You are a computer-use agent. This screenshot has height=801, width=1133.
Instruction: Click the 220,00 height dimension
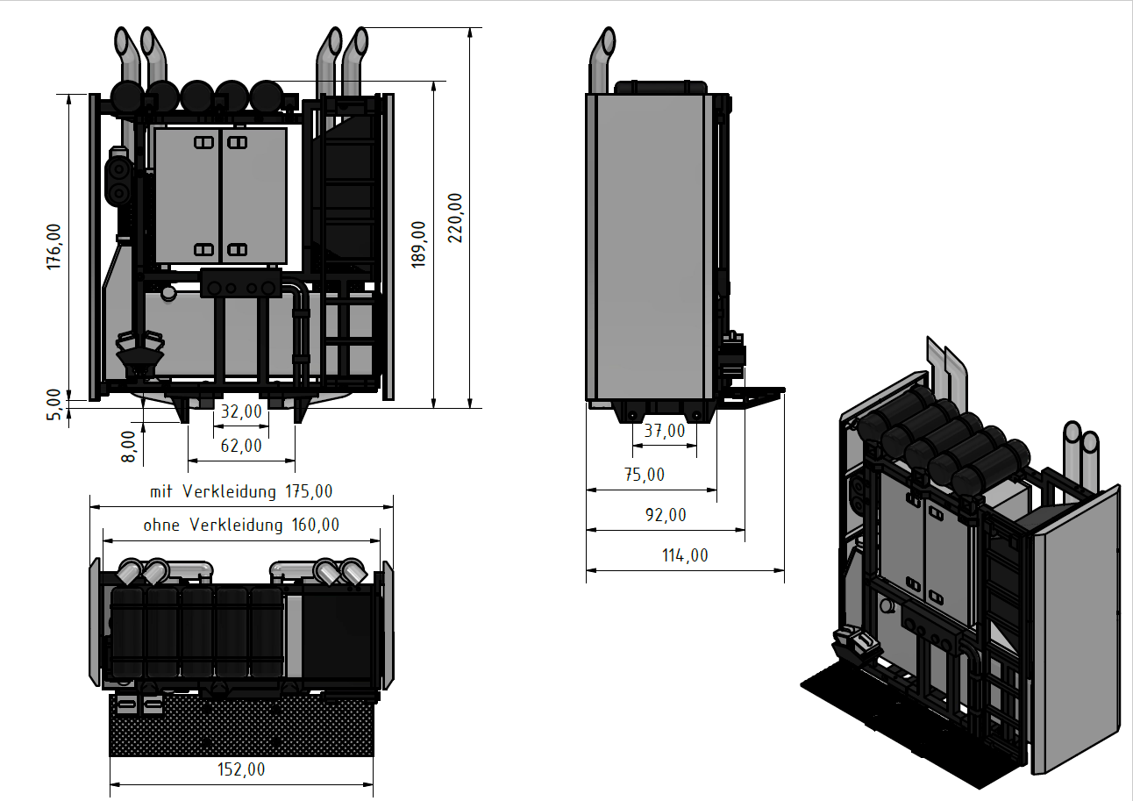click(455, 218)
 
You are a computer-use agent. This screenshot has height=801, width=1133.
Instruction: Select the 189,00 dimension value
click(418, 245)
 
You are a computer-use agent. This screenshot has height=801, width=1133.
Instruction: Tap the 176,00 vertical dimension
click(53, 247)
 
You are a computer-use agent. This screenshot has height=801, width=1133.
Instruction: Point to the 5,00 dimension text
click(53, 404)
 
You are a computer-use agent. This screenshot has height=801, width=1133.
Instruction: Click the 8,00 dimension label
click(129, 447)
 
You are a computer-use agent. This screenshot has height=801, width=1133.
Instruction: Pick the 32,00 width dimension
click(242, 411)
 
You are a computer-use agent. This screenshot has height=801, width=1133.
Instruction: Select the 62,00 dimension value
click(241, 446)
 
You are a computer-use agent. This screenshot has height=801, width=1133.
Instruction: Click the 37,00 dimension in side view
click(665, 431)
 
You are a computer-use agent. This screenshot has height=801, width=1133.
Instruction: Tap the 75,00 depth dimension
click(645, 474)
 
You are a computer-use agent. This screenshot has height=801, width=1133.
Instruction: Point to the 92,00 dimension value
click(666, 515)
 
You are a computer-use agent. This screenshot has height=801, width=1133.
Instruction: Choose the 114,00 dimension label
click(685, 555)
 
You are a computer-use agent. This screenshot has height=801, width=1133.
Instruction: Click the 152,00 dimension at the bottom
click(241, 769)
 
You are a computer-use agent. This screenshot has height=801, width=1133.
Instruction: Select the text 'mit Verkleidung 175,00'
click(241, 491)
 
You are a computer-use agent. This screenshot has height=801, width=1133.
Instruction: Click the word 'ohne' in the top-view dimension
click(161, 525)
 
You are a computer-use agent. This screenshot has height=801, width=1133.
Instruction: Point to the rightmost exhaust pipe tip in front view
click(360, 40)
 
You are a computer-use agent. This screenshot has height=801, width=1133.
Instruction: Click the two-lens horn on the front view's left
click(119, 181)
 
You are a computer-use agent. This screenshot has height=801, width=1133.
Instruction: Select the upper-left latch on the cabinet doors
click(203, 143)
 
